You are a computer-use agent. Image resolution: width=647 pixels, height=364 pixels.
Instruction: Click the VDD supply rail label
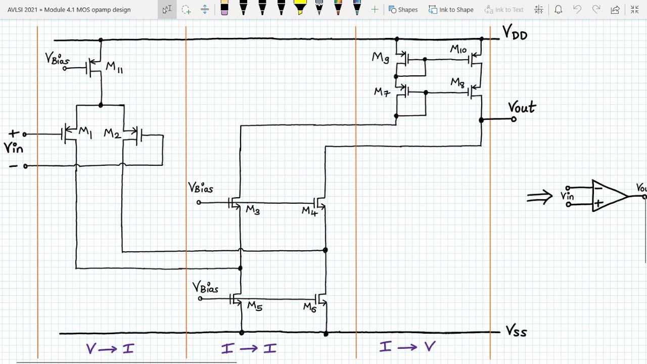(515, 32)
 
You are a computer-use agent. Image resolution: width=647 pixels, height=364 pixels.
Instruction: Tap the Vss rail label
(516, 331)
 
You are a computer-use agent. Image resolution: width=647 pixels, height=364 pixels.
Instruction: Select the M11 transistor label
(114, 68)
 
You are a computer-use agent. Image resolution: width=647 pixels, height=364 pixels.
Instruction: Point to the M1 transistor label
(85, 133)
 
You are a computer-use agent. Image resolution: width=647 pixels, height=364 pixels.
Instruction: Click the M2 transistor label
(112, 134)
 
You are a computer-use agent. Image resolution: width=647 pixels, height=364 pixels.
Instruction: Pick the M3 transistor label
(253, 210)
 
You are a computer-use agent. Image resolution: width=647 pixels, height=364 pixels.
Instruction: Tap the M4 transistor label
(310, 211)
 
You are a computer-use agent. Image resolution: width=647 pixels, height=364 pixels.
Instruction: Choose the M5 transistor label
(255, 306)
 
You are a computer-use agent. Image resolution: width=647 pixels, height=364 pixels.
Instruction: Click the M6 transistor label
(310, 307)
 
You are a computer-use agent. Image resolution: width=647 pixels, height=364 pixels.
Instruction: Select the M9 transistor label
(381, 58)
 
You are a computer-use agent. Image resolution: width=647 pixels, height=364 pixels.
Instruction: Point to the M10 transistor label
(458, 49)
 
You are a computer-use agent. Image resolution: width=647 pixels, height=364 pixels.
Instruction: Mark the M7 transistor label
(382, 93)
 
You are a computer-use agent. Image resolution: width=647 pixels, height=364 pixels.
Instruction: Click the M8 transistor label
(457, 83)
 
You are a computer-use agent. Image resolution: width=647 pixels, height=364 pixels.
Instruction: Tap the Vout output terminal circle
(514, 119)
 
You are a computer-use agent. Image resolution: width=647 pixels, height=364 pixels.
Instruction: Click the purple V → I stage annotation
(110, 349)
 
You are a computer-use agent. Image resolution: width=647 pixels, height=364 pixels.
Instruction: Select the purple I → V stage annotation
(407, 346)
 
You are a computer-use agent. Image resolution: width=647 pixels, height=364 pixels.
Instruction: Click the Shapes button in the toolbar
(403, 10)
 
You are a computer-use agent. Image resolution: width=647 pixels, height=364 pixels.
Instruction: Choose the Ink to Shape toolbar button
(451, 10)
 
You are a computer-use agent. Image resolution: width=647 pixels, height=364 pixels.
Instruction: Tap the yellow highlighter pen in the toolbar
(300, 8)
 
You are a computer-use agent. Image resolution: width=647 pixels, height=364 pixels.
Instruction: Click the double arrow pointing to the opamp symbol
(539, 197)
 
